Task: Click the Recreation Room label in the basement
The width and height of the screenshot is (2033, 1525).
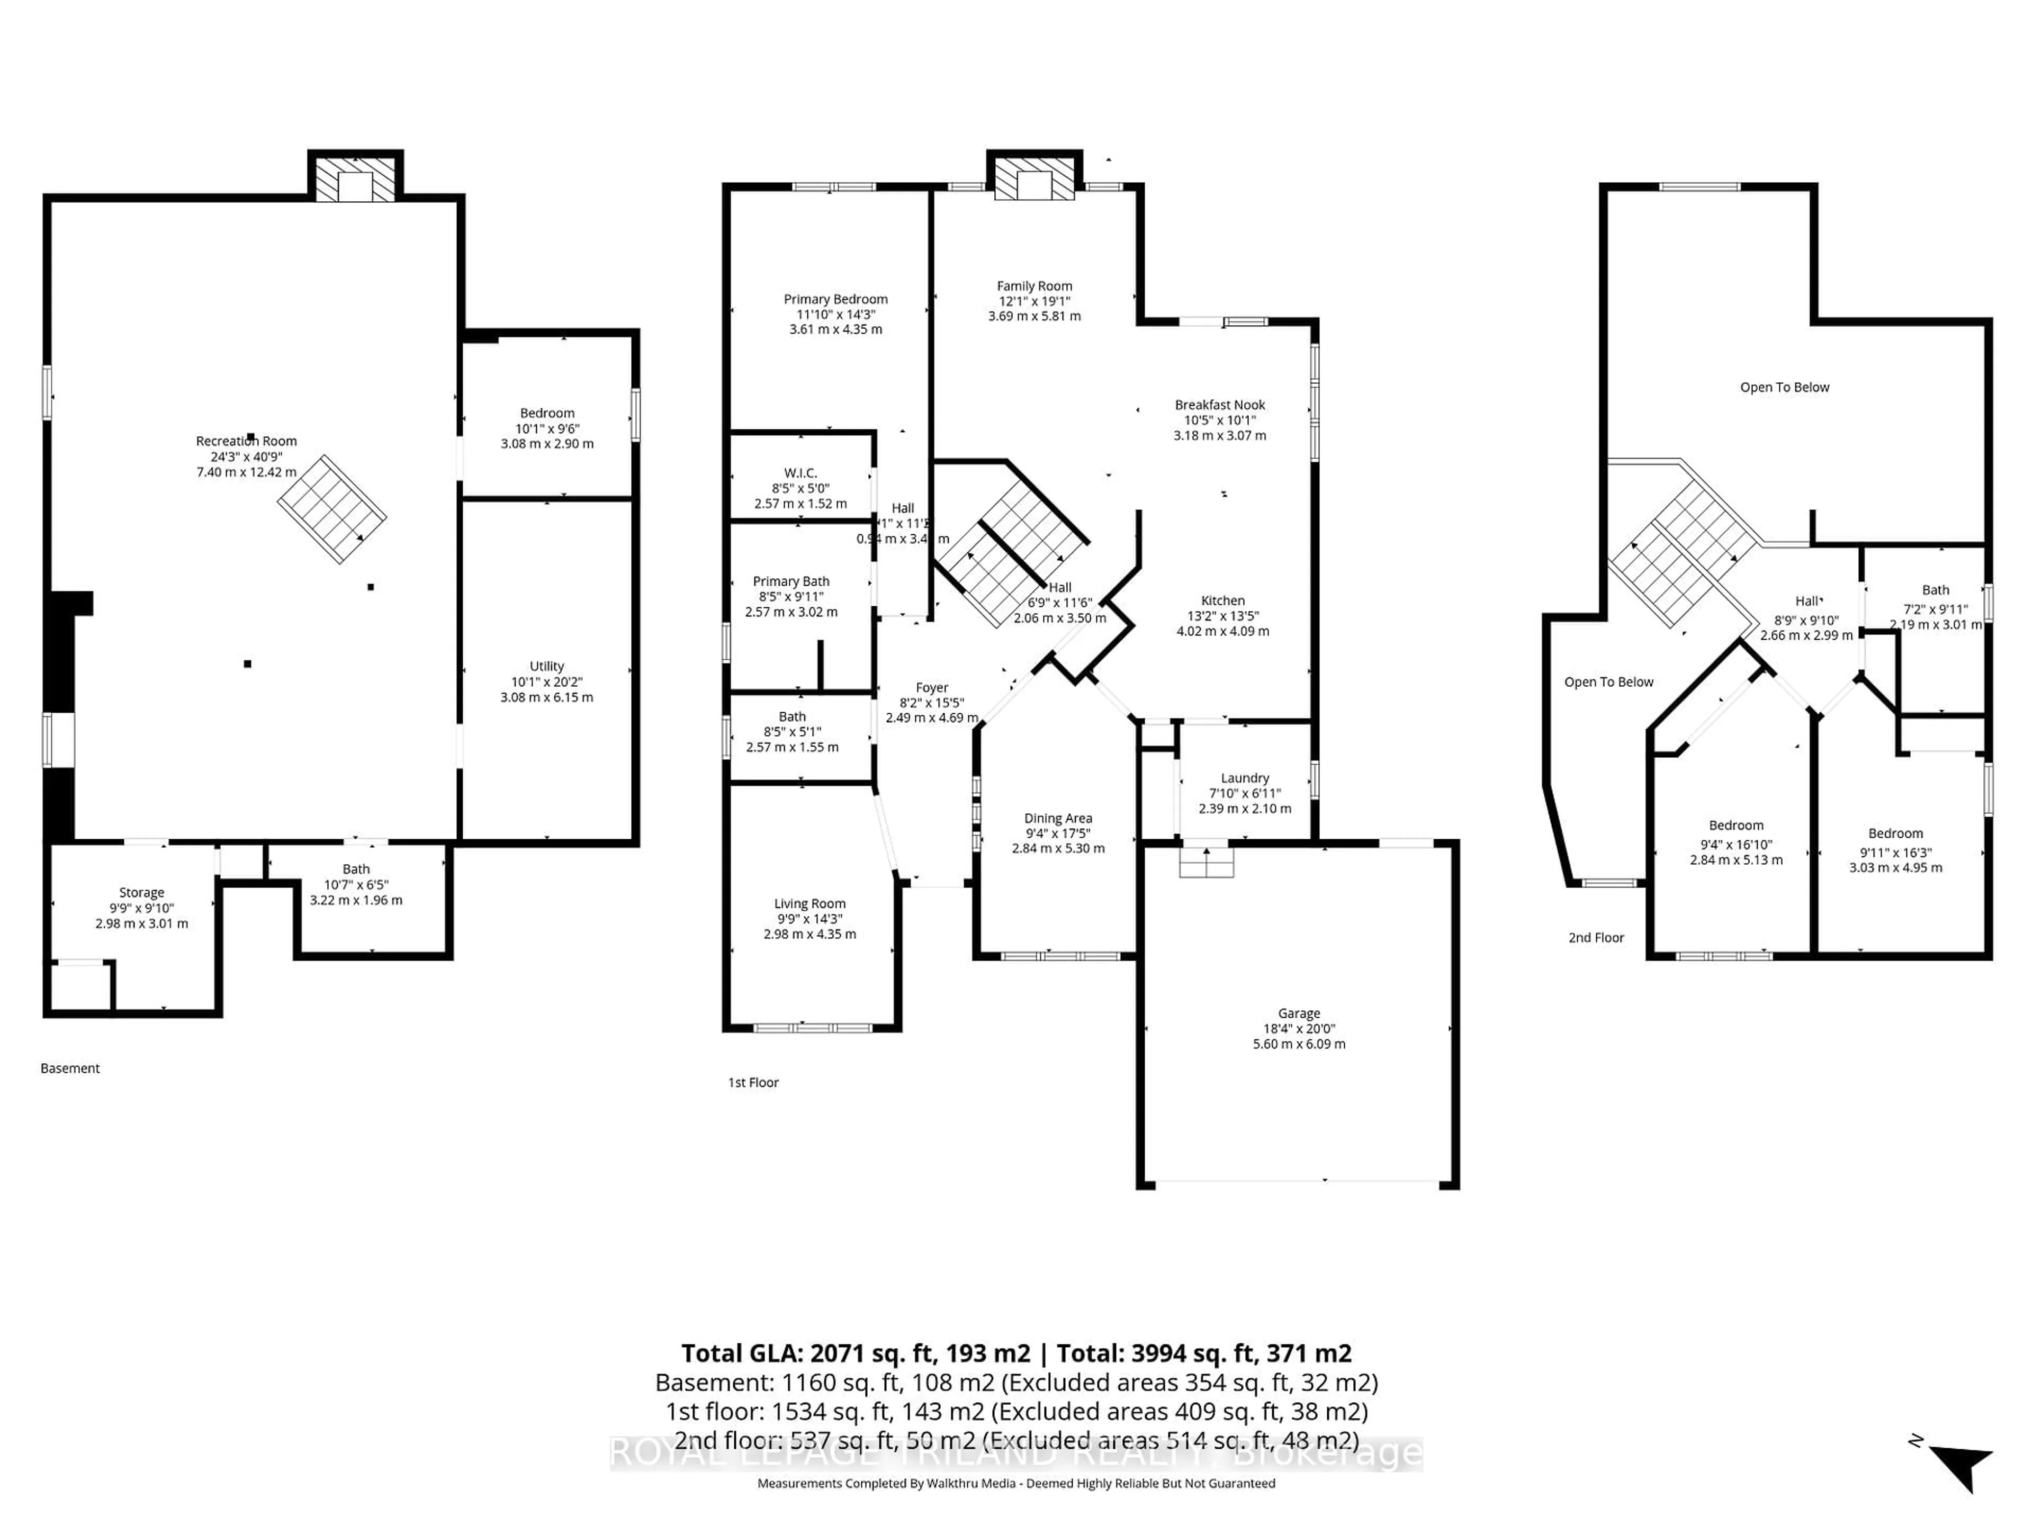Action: [246, 441]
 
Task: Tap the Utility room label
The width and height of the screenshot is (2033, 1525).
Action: [547, 667]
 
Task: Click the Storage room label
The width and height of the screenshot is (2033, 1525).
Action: [141, 893]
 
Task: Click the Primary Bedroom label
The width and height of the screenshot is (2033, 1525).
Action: [835, 299]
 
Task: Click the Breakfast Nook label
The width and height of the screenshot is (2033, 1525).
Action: [1220, 405]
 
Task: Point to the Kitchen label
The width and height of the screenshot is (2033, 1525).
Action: [1222, 600]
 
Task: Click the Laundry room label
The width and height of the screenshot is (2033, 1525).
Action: [1245, 778]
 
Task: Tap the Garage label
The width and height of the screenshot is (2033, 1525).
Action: [1299, 1013]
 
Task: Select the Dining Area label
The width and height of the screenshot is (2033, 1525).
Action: [1058, 818]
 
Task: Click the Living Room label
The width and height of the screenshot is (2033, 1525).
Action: [809, 903]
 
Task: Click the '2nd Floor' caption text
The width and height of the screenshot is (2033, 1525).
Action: [1596, 938]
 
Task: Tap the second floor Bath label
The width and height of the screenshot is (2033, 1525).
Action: [1936, 590]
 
